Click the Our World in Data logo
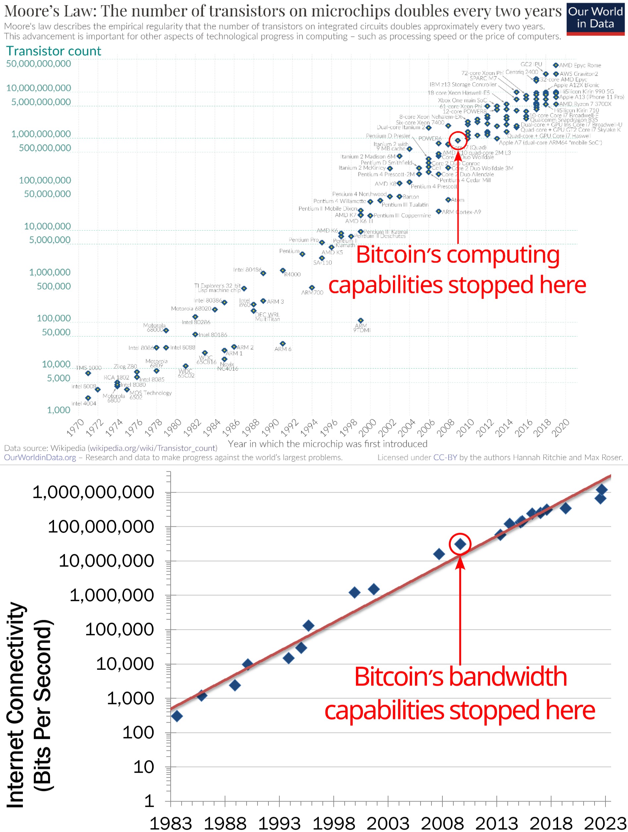coord(595,18)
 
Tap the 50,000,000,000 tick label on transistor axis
coord(38,64)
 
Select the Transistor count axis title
coord(53,51)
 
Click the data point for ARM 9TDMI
coord(361,321)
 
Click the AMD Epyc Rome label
coord(580,65)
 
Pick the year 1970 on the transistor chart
coord(75,428)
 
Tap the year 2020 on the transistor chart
coord(560,428)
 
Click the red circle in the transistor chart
coord(458,140)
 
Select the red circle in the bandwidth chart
coord(460,544)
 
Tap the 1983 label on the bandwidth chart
coord(171,823)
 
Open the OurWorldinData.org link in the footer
coord(40,457)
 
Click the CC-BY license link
coord(445,457)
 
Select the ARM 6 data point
coord(283,344)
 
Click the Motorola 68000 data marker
coord(166,330)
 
